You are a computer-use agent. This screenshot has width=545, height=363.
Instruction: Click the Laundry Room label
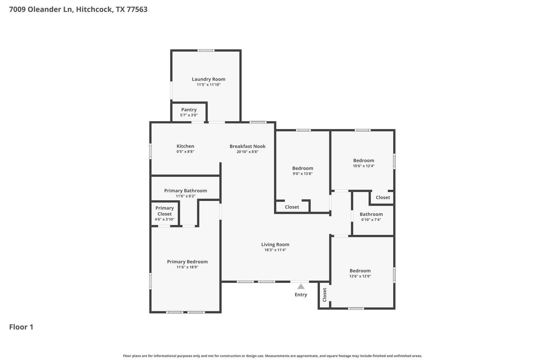pyautogui.click(x=208, y=79)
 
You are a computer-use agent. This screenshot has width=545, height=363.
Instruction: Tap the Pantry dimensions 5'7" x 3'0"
pyautogui.click(x=189, y=115)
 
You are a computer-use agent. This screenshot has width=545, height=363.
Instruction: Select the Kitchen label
pyautogui.click(x=185, y=146)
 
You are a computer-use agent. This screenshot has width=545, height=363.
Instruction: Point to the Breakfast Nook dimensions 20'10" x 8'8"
pyautogui.click(x=247, y=152)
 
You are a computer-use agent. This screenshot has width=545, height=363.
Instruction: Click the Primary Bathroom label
pyautogui.click(x=185, y=190)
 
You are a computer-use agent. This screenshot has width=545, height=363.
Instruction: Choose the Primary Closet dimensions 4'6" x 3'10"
pyautogui.click(x=165, y=219)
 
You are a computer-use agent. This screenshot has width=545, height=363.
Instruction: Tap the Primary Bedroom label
pyautogui.click(x=187, y=262)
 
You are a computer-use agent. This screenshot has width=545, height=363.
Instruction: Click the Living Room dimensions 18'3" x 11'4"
pyautogui.click(x=275, y=250)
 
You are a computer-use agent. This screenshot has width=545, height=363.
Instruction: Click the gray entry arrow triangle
pyautogui.click(x=301, y=287)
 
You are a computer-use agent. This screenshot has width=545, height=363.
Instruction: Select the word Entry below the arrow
pyautogui.click(x=301, y=295)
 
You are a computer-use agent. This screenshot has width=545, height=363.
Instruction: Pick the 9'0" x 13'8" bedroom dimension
pyautogui.click(x=302, y=174)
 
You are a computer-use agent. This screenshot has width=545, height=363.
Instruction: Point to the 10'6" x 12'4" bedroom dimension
pyautogui.click(x=363, y=166)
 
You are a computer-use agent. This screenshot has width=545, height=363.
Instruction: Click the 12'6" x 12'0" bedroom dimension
pyautogui.click(x=360, y=276)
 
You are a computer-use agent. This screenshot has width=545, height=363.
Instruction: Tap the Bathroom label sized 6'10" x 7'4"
pyautogui.click(x=371, y=214)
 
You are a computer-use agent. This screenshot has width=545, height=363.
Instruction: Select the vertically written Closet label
pyautogui.click(x=324, y=295)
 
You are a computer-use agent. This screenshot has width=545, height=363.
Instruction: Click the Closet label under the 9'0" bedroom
pyautogui.click(x=292, y=207)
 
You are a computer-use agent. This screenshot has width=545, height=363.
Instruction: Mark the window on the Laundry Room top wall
pyautogui.click(x=206, y=51)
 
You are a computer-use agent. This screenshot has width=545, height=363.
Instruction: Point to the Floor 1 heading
pyautogui.click(x=21, y=327)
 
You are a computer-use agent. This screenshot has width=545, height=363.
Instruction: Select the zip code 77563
pyautogui.click(x=137, y=9)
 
